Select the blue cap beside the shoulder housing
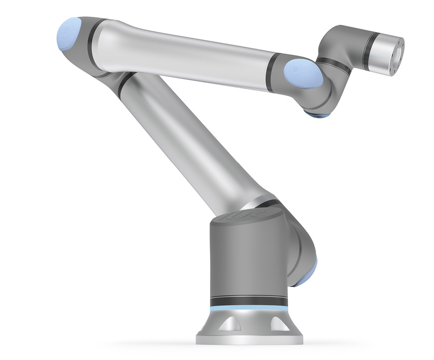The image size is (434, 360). tap(304, 276)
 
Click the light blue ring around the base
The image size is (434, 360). tap(249, 308)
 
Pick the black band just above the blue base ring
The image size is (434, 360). tap(249, 301)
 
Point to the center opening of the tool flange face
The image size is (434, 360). tap(398, 50)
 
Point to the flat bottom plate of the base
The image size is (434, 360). tap(249, 340)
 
